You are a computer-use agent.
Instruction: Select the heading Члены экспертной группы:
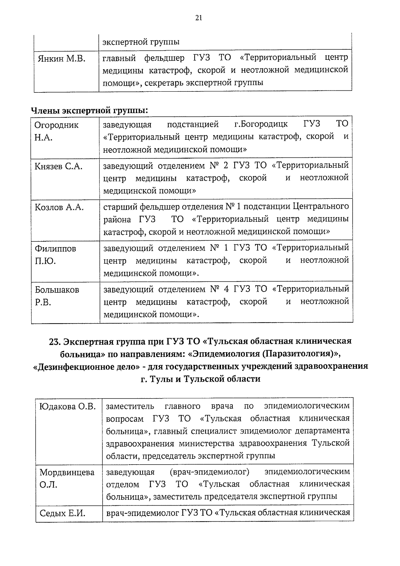pyautogui.click(x=89, y=110)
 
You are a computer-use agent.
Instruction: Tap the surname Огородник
pyautogui.click(x=57, y=125)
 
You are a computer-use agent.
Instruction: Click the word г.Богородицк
pyautogui.click(x=261, y=124)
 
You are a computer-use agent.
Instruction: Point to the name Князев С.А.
pyautogui.click(x=58, y=166)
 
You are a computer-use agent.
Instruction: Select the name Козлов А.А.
pyautogui.click(x=59, y=207)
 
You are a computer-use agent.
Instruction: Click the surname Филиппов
pyautogui.click(x=55, y=249)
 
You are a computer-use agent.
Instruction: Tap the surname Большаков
pyautogui.click(x=57, y=290)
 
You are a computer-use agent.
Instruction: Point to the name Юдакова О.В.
pyautogui.click(x=68, y=407)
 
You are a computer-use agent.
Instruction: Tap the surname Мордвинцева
pyautogui.click(x=67, y=472)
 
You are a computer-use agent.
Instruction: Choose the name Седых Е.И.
pyautogui.click(x=62, y=513)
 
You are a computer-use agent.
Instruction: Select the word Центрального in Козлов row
pyautogui.click(x=321, y=206)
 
